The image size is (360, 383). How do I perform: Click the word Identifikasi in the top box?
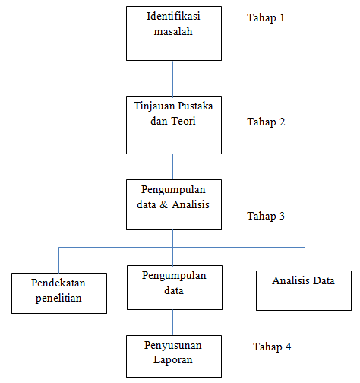click(173, 16)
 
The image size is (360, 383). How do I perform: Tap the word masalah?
click(173, 31)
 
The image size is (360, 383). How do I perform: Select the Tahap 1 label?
click(266, 17)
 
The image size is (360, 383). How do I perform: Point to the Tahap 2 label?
click(266, 122)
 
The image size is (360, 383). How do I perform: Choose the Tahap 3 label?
click(266, 216)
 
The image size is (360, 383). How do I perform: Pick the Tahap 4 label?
click(272, 347)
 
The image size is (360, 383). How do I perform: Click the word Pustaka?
click(195, 106)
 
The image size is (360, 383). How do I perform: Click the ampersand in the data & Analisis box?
click(164, 204)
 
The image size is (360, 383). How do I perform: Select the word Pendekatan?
click(58, 283)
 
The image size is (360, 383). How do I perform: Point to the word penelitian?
click(58, 298)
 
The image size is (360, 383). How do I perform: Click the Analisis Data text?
click(303, 280)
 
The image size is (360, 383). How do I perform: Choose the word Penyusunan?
click(173, 345)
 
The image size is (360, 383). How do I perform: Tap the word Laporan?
click(173, 359)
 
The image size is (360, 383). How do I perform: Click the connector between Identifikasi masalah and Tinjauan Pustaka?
click(173, 78)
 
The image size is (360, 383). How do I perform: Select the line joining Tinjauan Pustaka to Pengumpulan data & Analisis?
click(173, 167)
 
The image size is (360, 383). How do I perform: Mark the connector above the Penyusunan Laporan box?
click(173, 323)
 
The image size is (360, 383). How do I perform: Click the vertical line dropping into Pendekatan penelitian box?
click(58, 260)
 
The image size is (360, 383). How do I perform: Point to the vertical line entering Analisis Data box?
click(305, 259)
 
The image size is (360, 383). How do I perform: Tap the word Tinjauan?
click(154, 106)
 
